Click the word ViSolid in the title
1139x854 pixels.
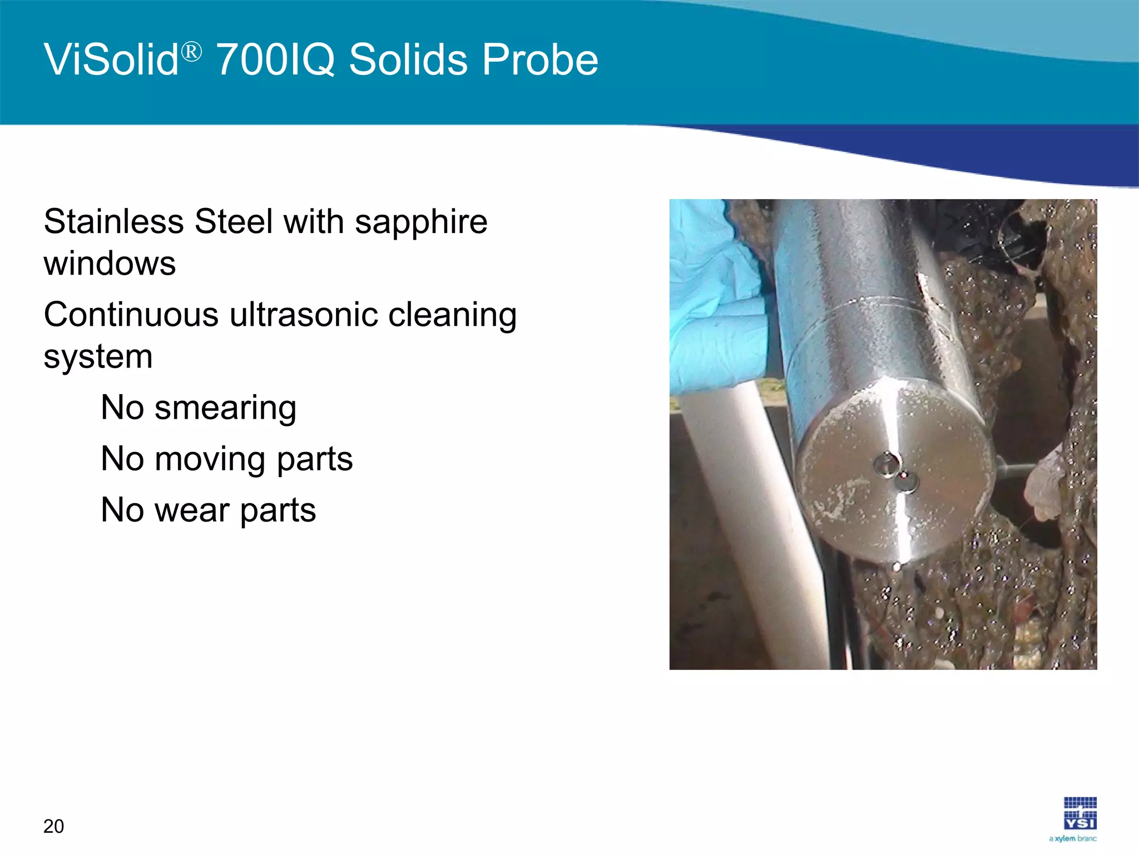111,60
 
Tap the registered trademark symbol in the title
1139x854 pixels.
191,53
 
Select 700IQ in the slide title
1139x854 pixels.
275,60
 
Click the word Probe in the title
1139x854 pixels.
540,60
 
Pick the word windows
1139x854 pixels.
110,264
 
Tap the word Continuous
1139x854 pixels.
131,315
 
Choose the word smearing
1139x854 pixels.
225,409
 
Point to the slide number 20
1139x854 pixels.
53,826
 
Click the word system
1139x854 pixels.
98,357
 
